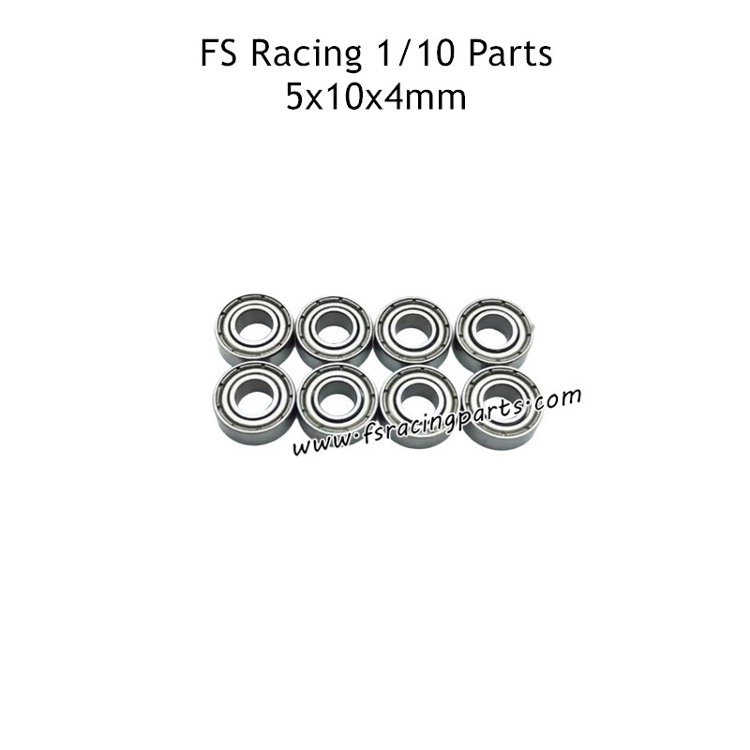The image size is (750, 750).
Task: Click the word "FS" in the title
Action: coord(217,55)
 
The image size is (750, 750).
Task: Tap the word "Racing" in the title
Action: coord(298,56)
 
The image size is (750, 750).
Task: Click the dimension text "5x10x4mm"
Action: coord(375,97)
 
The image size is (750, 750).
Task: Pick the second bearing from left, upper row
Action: coord(333,331)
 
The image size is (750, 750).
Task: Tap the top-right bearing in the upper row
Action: coord(491,331)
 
